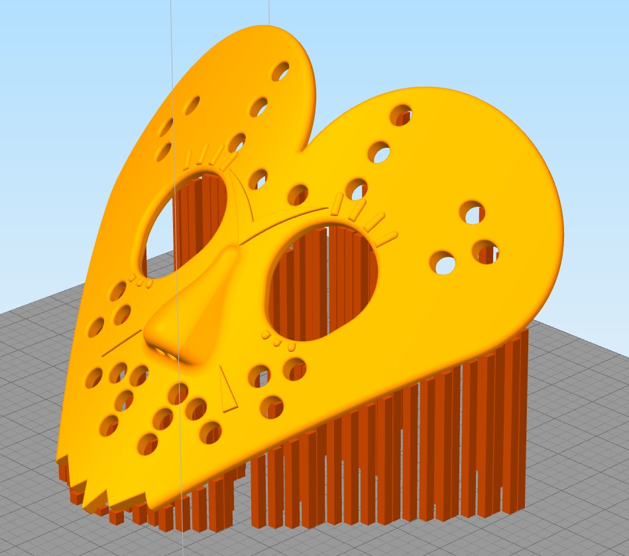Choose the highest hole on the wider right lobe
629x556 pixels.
click(x=401, y=115)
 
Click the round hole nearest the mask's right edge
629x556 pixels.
click(x=486, y=250)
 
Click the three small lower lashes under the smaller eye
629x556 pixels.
click(x=141, y=282)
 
